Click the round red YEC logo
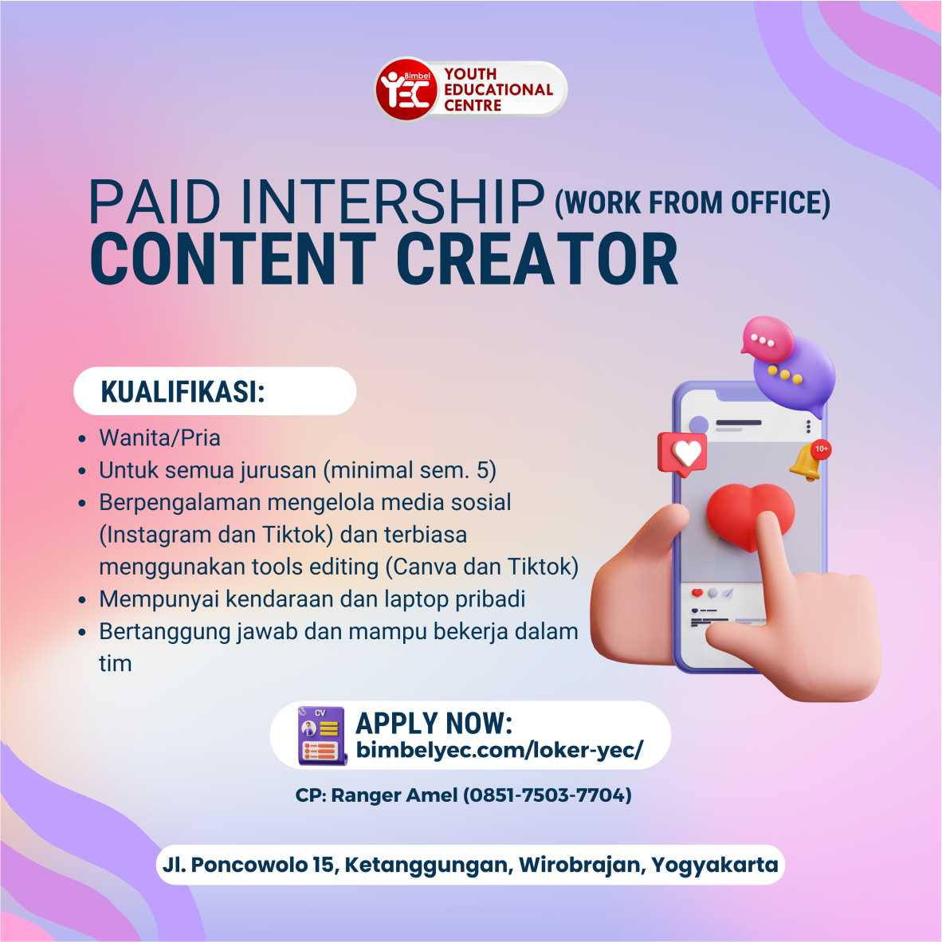pyautogui.click(x=406, y=89)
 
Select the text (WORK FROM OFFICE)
pyautogui.click(x=692, y=203)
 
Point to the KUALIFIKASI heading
pyautogui.click(x=183, y=392)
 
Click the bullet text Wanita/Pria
pyautogui.click(x=159, y=438)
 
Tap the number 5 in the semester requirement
pyautogui.click(x=483, y=470)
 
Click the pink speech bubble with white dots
pyautogui.click(x=766, y=340)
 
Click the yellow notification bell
pyautogui.click(x=806, y=462)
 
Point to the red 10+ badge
pyautogui.click(x=822, y=449)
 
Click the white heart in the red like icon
pyautogui.click(x=686, y=453)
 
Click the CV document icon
pyautogui.click(x=322, y=736)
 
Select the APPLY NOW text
pyautogui.click(x=434, y=723)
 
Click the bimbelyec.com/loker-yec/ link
pyautogui.click(x=499, y=750)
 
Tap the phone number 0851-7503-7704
pyautogui.click(x=548, y=795)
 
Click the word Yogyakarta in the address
pyautogui.click(x=714, y=865)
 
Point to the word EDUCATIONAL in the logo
pyautogui.click(x=498, y=89)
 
